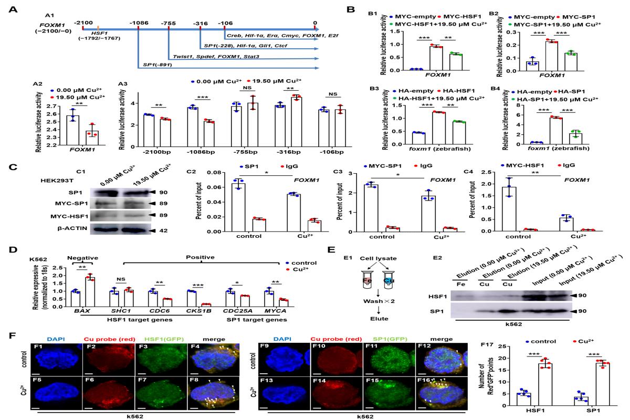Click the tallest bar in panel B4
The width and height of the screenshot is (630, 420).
(x=558, y=131)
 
